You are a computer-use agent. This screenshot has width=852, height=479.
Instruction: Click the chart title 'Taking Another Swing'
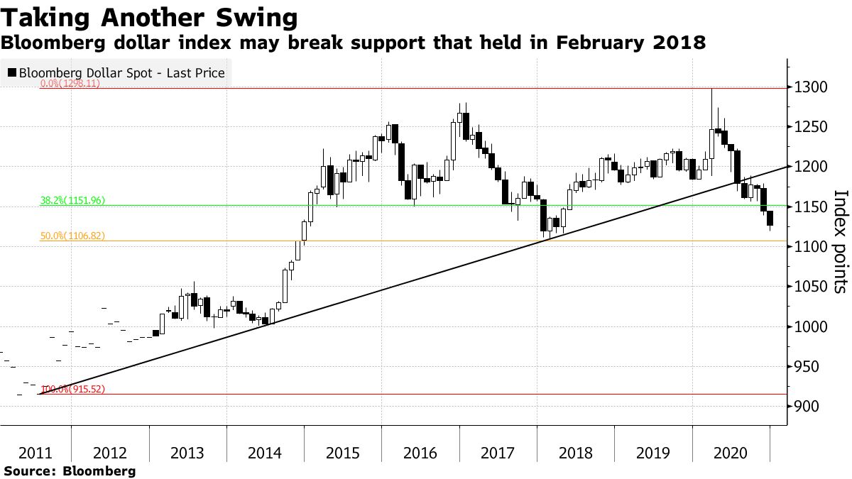[x=149, y=16]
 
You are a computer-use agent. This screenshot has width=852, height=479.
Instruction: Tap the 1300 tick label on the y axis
[x=811, y=87]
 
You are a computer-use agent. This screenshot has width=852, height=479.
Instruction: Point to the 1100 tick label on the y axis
[x=811, y=246]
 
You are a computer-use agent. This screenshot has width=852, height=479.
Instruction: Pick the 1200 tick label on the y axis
[x=811, y=167]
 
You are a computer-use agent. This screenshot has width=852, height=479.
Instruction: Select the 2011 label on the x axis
[x=34, y=452]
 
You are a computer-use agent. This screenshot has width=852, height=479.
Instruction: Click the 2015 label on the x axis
[x=342, y=452]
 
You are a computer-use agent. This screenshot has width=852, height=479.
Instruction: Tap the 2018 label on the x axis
[x=575, y=452]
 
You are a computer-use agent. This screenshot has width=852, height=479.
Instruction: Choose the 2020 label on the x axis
[x=731, y=452]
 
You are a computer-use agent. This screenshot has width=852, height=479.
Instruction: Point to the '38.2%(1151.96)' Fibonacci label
[x=72, y=201]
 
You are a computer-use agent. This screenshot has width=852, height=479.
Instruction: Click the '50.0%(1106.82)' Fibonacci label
[x=72, y=235]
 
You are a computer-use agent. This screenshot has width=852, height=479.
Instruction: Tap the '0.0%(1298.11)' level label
[x=70, y=83]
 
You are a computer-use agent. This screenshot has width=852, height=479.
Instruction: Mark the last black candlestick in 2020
[x=770, y=219]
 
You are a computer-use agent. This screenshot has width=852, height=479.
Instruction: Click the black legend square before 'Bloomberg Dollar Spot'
[x=12, y=72]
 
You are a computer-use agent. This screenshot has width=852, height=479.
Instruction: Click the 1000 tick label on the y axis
[x=811, y=326]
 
